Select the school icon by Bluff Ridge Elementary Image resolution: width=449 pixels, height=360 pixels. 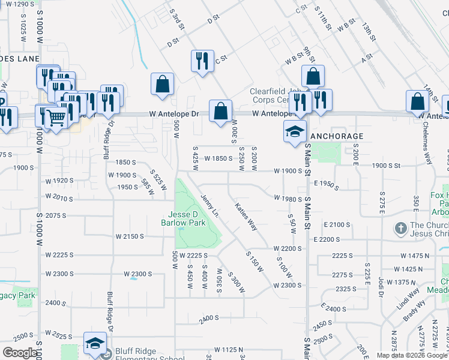point(95,343)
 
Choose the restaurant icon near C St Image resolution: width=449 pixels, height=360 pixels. point(202,60)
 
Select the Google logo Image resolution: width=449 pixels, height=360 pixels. point(20,353)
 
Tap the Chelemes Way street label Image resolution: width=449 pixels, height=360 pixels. point(428,148)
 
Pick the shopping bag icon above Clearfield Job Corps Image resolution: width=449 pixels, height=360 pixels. point(313,76)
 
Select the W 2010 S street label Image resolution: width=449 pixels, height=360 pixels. point(58,198)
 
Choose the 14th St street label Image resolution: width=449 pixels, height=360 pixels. point(430,94)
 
